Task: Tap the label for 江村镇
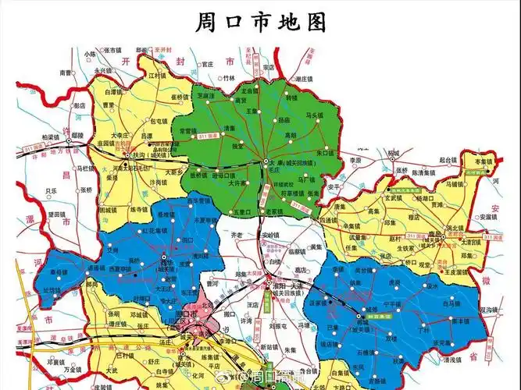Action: (159, 76)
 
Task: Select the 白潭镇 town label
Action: (115, 92)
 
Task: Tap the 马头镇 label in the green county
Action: (314, 116)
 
